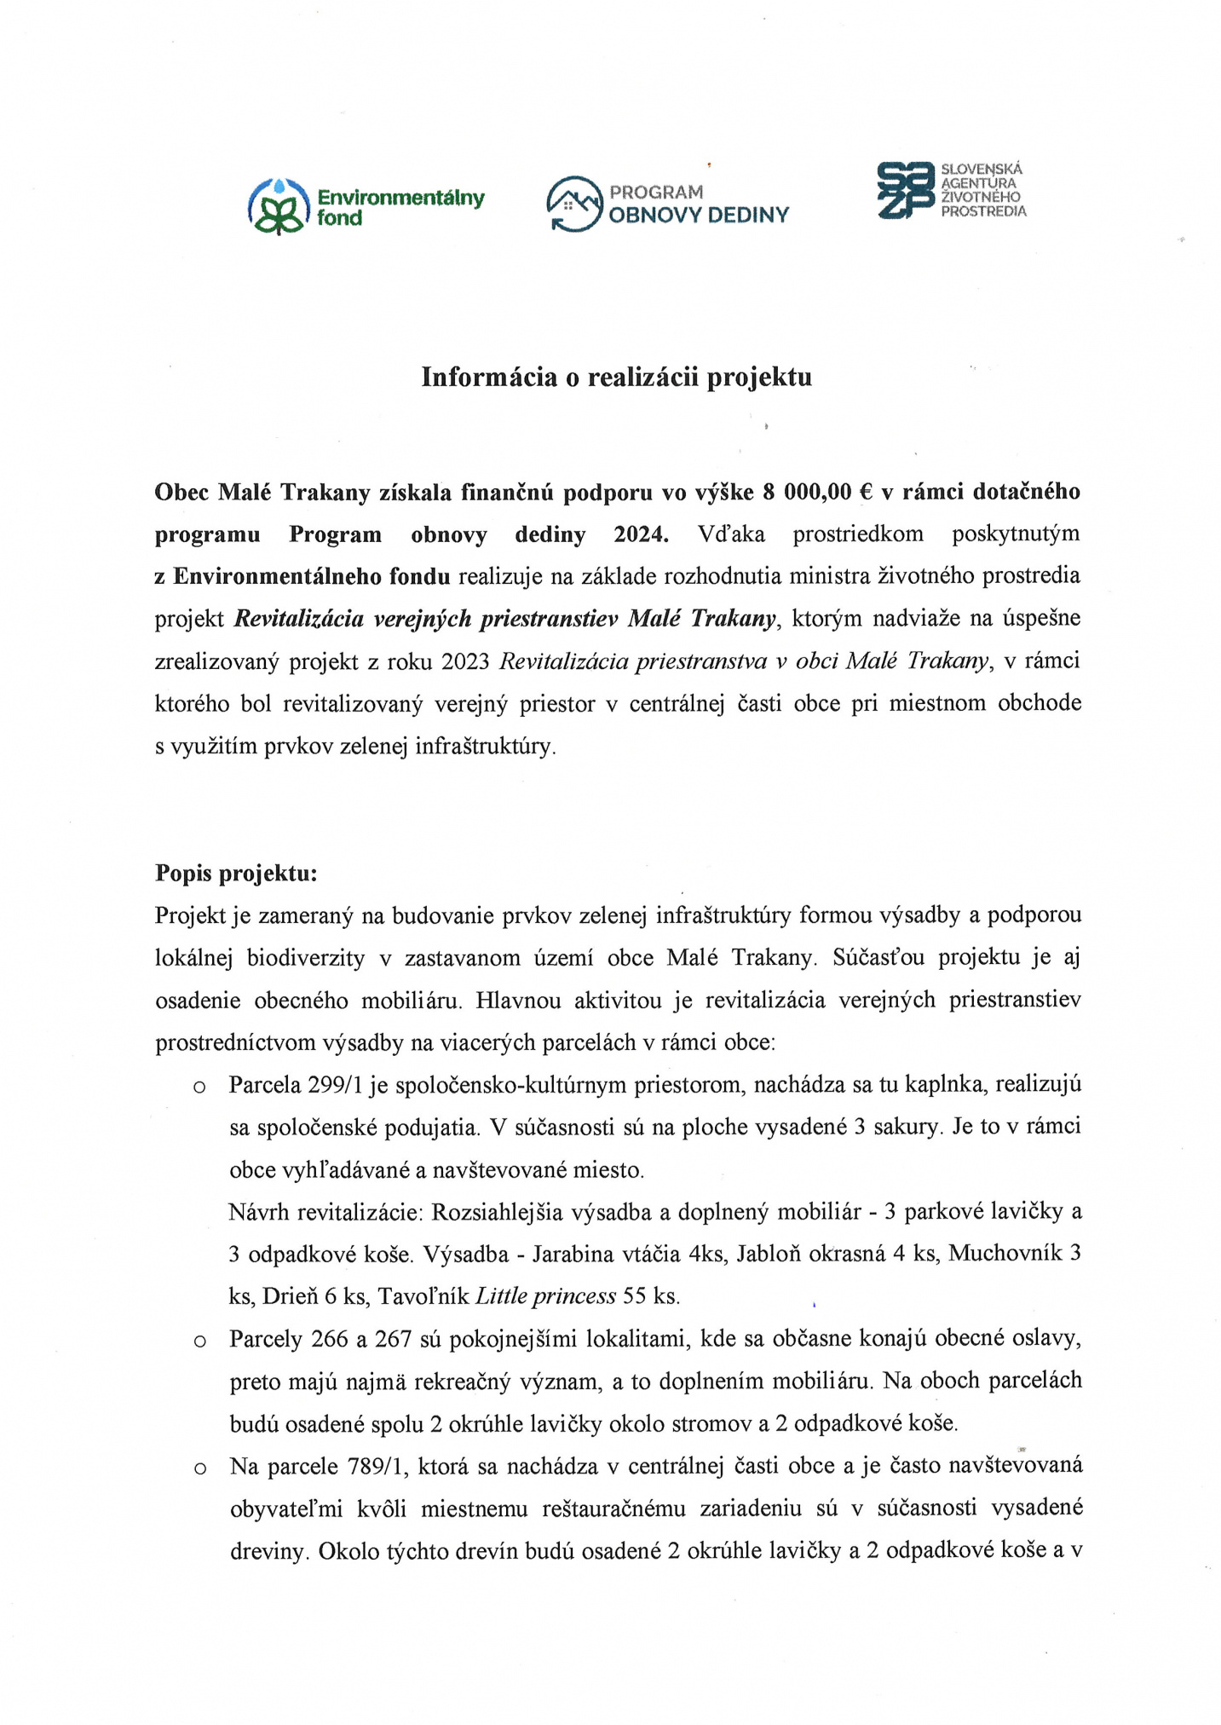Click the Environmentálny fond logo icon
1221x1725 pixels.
pyautogui.click(x=278, y=206)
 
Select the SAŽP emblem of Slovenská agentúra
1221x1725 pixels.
pyautogui.click(x=906, y=190)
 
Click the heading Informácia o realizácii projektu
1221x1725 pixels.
pyautogui.click(x=616, y=377)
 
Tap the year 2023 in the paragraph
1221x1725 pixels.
pyautogui.click(x=465, y=661)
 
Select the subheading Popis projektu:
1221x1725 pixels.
pyautogui.click(x=236, y=873)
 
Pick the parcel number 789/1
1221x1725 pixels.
pyautogui.click(x=378, y=1466)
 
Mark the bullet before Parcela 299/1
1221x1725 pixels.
pyautogui.click(x=199, y=1087)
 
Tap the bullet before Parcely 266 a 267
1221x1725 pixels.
pyautogui.click(x=199, y=1341)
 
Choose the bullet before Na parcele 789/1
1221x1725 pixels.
pyautogui.click(x=199, y=1468)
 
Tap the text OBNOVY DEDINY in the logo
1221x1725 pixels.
pyautogui.click(x=699, y=216)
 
